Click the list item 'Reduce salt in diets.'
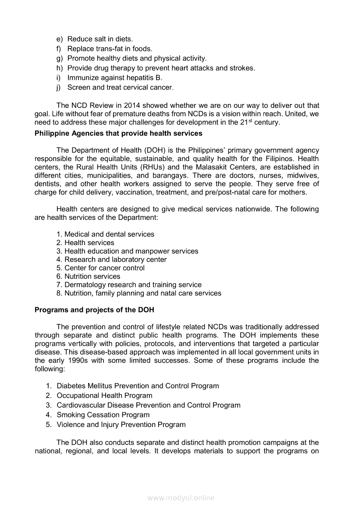(100, 39)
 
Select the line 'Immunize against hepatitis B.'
(115, 78)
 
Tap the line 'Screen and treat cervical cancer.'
(121, 87)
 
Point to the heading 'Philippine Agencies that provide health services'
(118, 133)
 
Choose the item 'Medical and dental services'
(110, 234)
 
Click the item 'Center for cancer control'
(104, 268)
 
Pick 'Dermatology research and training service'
(133, 285)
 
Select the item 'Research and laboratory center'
(116, 259)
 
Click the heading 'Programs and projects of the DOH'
(94, 310)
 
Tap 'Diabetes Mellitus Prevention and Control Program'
(138, 386)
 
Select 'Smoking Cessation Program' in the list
(103, 415)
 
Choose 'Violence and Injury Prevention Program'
(121, 424)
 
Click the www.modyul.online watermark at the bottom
(181, 498)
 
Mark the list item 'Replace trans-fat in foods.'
(110, 49)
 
